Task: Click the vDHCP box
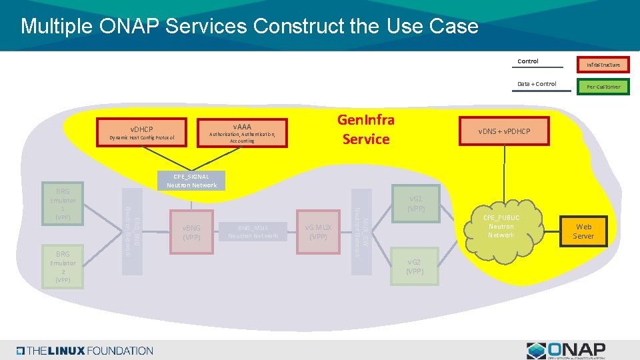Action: tap(141, 133)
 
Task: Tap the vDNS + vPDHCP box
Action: tap(504, 131)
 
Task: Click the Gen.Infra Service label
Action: tap(365, 129)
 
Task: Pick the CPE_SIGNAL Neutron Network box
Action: tap(191, 181)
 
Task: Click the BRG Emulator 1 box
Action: tap(63, 204)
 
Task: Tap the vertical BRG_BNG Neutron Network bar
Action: tap(131, 232)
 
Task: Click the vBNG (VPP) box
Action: tap(192, 232)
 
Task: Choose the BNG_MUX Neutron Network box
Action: tap(253, 232)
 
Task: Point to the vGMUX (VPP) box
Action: tap(319, 232)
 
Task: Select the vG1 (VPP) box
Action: tap(416, 203)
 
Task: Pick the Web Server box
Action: tap(583, 231)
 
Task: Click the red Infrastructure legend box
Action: tap(603, 65)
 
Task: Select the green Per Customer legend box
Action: tap(603, 87)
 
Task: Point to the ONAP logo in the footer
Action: tap(566, 350)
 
